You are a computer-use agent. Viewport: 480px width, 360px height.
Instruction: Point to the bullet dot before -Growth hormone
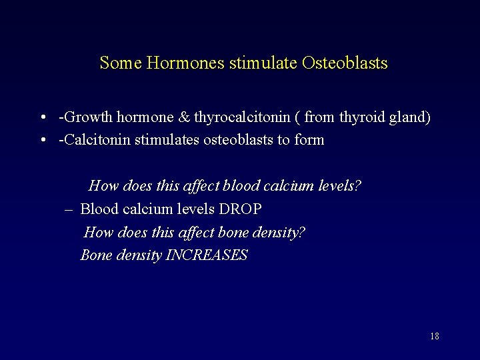tap(42, 118)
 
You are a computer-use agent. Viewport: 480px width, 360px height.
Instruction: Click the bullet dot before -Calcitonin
tap(42, 140)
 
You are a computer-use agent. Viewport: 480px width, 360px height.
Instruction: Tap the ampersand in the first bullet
tap(185, 118)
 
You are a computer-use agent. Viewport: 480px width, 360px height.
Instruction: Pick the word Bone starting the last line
tap(95, 255)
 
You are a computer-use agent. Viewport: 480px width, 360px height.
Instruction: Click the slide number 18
tap(435, 336)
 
